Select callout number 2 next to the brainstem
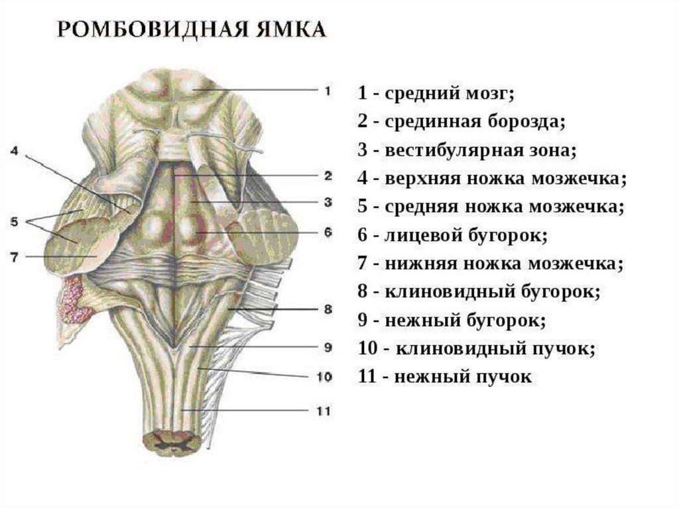click(328, 176)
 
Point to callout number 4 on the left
click(15, 151)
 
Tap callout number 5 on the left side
click(15, 223)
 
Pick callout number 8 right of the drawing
click(327, 309)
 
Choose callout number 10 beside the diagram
click(324, 376)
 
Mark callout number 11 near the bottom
click(323, 411)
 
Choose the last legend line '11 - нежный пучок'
click(444, 378)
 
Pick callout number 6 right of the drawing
click(328, 233)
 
